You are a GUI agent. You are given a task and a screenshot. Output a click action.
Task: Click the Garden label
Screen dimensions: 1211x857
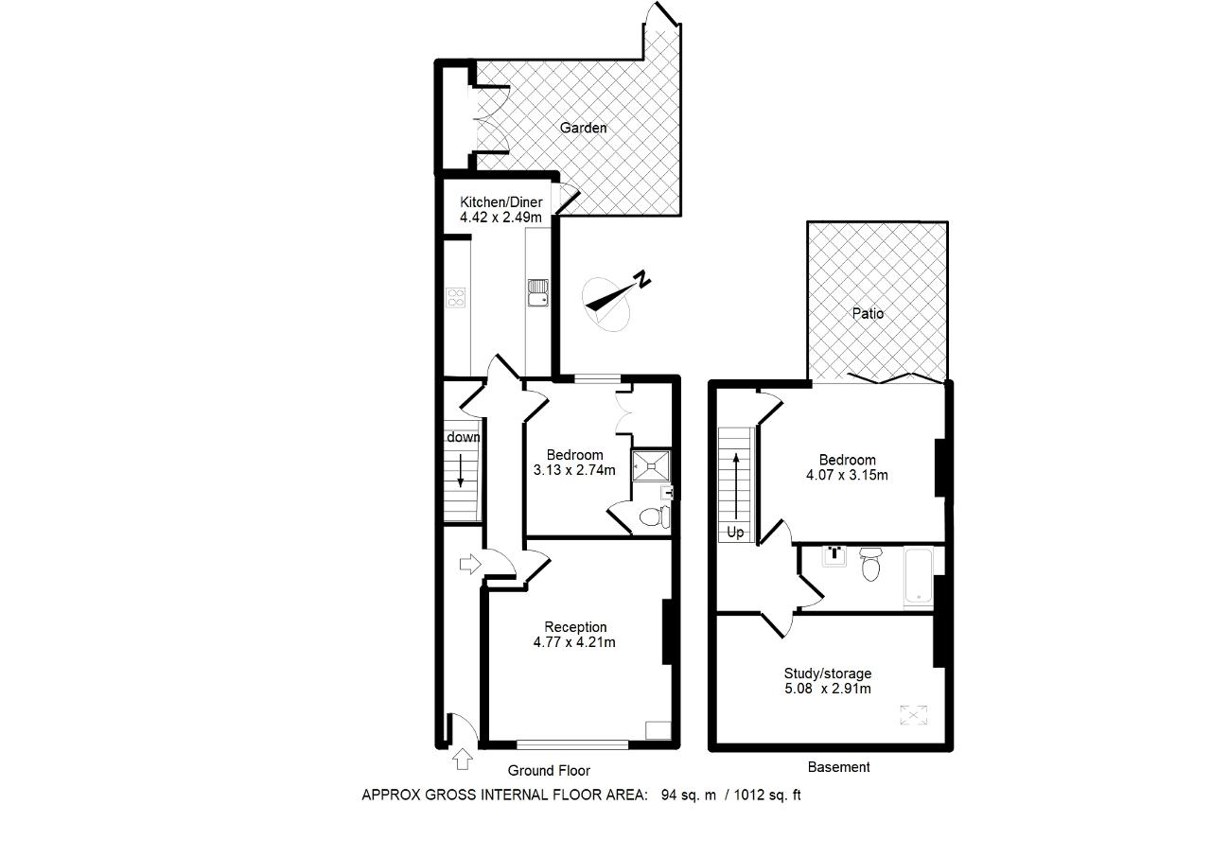click(x=583, y=128)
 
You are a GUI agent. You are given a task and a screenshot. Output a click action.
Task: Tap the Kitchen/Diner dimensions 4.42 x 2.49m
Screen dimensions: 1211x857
click(x=500, y=218)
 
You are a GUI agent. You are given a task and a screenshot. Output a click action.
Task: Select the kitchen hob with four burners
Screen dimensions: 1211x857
click(x=456, y=298)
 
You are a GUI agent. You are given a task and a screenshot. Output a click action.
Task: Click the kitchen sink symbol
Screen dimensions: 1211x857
click(x=538, y=292)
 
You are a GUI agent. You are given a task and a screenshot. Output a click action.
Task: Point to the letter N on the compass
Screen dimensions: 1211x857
click(x=642, y=279)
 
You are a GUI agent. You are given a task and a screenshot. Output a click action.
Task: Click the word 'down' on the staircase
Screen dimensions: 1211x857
click(x=464, y=437)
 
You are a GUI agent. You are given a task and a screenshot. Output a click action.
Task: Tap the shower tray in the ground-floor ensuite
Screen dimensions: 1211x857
click(x=652, y=465)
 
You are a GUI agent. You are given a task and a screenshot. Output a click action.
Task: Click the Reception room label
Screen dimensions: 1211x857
click(x=575, y=627)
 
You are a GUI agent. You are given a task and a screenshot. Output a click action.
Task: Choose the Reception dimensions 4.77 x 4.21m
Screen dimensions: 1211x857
click(x=574, y=642)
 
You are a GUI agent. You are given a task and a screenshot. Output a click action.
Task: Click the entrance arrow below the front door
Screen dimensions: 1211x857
click(x=463, y=759)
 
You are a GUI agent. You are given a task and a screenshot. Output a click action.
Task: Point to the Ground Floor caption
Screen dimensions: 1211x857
click(x=549, y=771)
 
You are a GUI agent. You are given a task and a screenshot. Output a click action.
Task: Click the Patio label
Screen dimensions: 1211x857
click(x=868, y=313)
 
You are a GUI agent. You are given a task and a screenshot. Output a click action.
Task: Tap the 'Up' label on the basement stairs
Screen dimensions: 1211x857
click(x=735, y=533)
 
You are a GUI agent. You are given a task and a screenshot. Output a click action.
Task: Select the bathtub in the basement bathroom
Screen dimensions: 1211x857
click(x=918, y=575)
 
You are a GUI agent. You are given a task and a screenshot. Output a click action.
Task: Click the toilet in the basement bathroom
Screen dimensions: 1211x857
click(x=870, y=564)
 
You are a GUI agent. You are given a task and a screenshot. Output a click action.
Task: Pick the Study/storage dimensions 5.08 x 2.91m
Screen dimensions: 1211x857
click(x=828, y=689)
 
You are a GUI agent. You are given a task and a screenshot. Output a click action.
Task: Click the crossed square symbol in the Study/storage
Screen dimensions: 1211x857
click(x=914, y=715)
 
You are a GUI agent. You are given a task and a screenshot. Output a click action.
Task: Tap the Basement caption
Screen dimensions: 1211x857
click(x=838, y=767)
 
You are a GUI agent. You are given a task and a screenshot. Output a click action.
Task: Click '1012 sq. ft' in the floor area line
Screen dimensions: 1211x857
click(x=767, y=795)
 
